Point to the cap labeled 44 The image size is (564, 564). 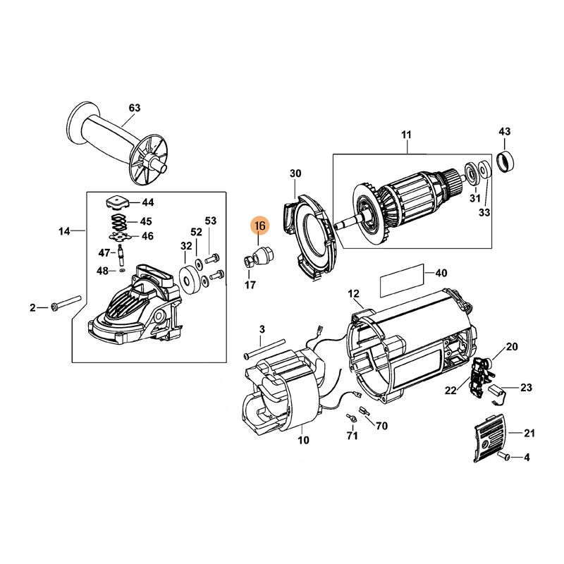click(x=115, y=202)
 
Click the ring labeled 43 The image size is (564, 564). click(x=505, y=161)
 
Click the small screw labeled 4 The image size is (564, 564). click(x=505, y=458)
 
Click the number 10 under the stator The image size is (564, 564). click(x=304, y=441)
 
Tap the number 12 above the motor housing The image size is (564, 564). click(x=353, y=293)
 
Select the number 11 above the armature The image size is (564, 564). click(x=406, y=135)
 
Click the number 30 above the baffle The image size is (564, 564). click(x=295, y=173)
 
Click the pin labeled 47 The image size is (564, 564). click(x=122, y=252)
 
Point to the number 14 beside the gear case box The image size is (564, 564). click(x=65, y=231)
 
